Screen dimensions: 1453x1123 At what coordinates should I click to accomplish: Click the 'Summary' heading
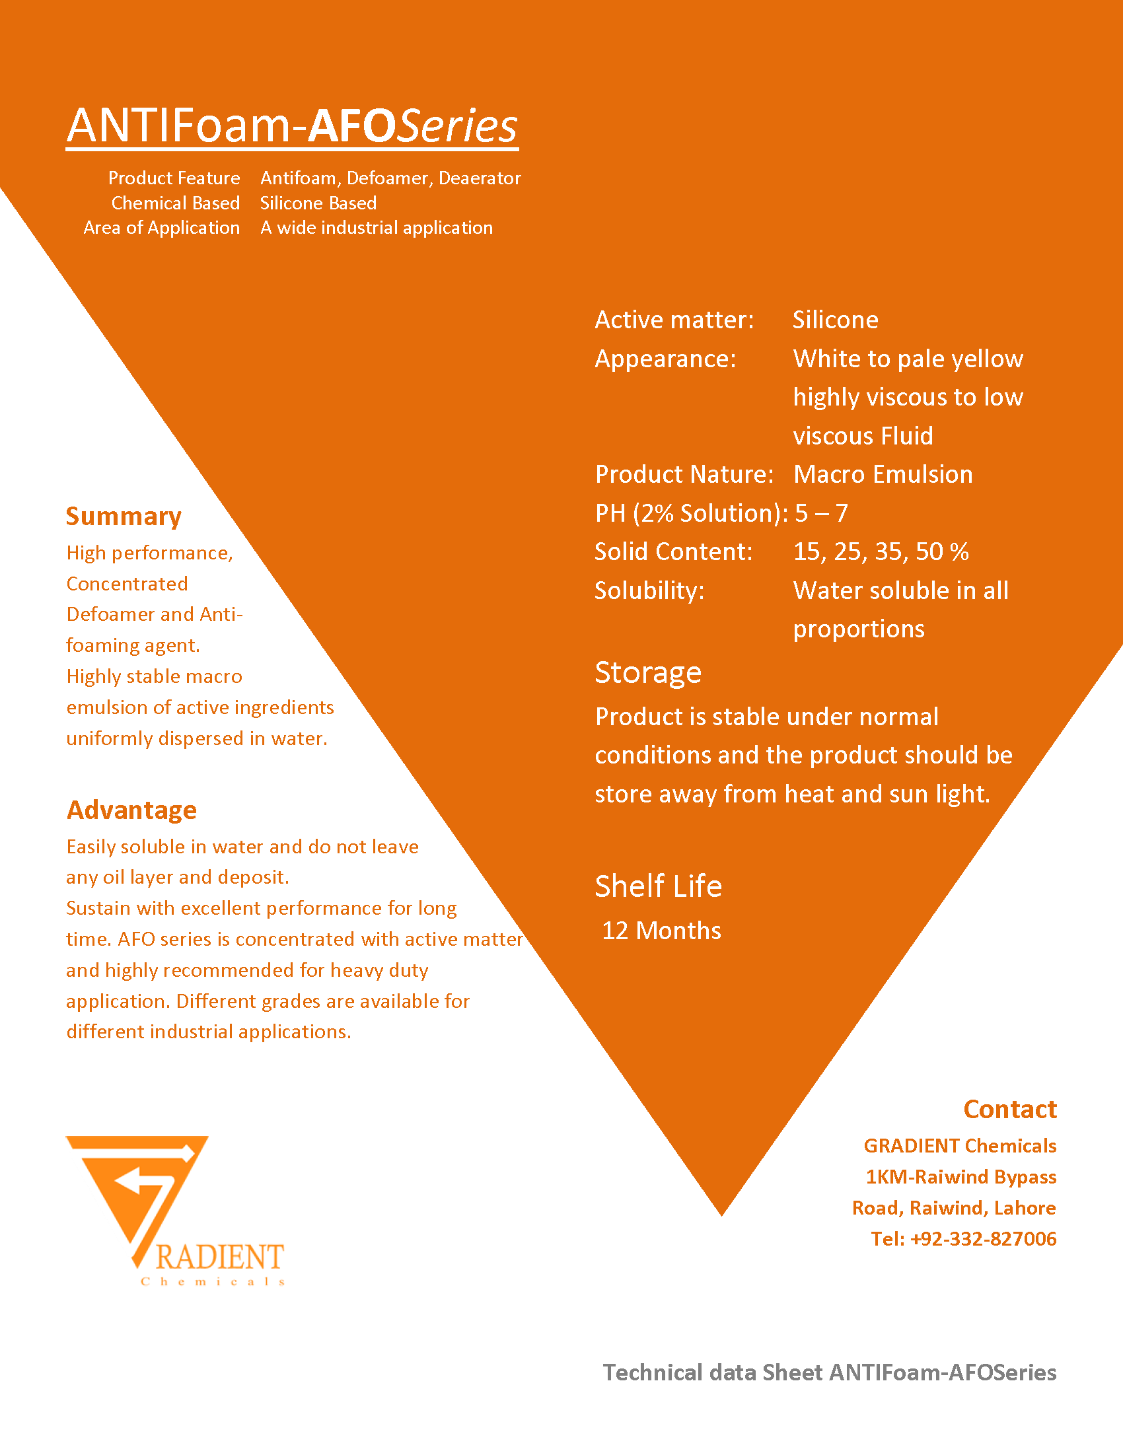pos(124,517)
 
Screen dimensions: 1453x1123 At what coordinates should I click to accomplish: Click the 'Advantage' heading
pos(131,810)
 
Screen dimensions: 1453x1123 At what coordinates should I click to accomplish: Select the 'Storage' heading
pos(648,672)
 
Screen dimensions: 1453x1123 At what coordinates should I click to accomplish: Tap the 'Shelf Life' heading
pos(658,886)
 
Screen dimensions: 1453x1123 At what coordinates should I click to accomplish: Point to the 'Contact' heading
pos(1010,1110)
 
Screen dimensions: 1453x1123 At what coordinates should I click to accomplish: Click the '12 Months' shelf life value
pos(661,931)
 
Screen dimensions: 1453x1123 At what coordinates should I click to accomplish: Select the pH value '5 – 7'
pos(821,514)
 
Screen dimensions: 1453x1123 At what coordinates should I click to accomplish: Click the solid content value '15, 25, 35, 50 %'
pos(881,552)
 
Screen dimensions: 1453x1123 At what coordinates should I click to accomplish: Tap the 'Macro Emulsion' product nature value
pos(883,475)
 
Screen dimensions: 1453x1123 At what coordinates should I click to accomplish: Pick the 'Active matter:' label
pos(674,320)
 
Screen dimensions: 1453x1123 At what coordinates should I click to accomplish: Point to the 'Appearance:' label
pos(665,359)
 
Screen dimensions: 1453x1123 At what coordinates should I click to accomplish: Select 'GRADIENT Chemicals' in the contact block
pos(960,1146)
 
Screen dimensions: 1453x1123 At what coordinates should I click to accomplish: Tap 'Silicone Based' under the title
pos(318,203)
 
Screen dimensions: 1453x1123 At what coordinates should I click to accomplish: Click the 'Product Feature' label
pos(174,178)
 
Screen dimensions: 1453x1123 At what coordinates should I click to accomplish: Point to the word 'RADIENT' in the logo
pos(220,1258)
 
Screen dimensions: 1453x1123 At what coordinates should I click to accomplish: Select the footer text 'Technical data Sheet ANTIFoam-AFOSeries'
pos(829,1372)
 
